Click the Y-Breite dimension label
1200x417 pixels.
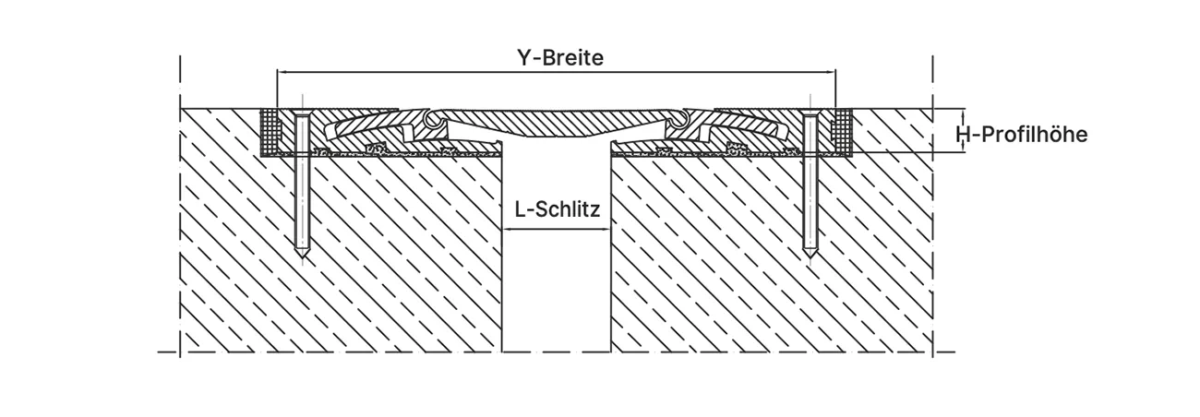point(560,58)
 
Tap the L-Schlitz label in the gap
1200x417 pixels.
point(558,209)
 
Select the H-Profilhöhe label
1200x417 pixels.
point(1022,135)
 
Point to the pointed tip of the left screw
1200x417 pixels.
point(303,257)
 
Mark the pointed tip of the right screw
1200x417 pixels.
point(810,257)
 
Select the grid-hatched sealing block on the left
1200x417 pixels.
point(270,132)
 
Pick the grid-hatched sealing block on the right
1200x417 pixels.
point(842,132)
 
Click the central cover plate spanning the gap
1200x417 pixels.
point(558,124)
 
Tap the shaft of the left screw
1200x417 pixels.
point(303,182)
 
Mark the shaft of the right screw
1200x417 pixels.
point(810,182)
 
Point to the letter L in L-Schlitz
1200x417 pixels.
point(520,209)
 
